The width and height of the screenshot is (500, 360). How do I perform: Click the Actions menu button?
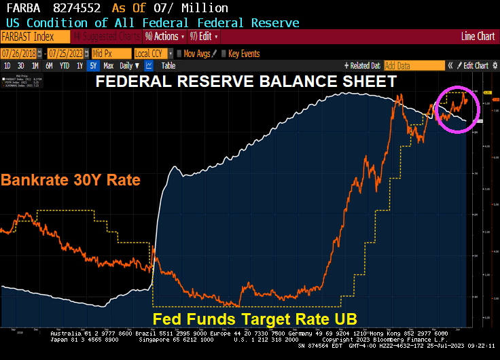pos(165,37)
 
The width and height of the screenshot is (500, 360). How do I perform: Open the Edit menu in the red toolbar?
pos(205,37)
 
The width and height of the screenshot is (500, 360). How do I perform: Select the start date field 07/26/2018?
pos(17,53)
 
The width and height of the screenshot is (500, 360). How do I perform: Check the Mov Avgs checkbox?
pos(179,53)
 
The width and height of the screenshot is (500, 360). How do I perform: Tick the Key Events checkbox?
pos(224,53)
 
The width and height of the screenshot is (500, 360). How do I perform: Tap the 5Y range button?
pos(93,66)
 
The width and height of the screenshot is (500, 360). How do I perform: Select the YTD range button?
pos(65,66)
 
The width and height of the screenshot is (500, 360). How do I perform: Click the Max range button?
pos(109,66)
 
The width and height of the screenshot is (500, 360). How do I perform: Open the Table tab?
pos(168,66)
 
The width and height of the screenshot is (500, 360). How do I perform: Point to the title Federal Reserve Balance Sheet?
pos(245,82)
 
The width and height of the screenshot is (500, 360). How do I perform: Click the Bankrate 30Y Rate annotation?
pos(71,181)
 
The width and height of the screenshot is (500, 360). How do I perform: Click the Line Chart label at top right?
pos(478,37)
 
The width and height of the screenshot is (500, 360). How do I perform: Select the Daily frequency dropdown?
pos(128,66)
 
